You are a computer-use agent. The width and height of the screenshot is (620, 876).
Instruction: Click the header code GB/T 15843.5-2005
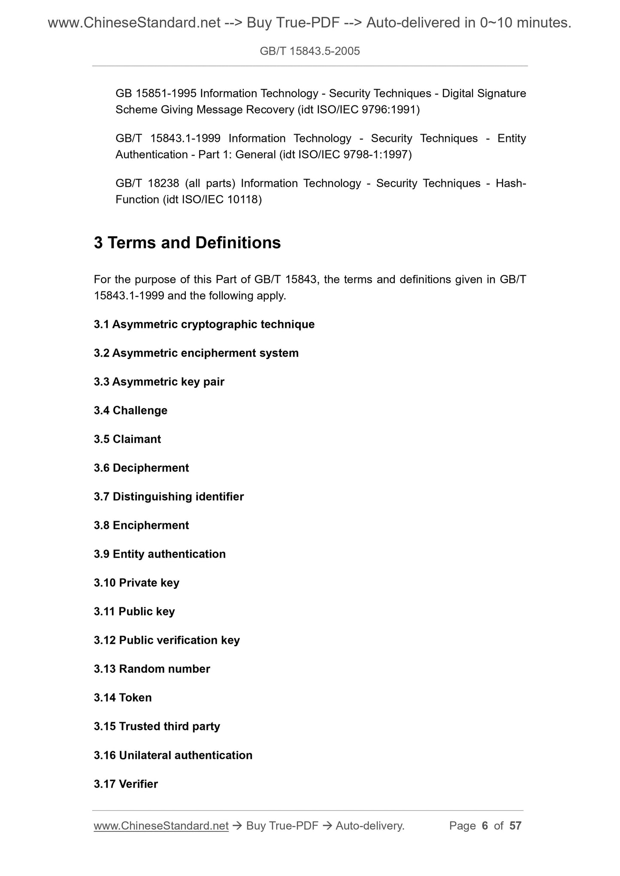coord(310,51)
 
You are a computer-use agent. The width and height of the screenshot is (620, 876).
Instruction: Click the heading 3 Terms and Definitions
coord(187,243)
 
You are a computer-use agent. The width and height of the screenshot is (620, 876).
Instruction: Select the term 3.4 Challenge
coord(130,411)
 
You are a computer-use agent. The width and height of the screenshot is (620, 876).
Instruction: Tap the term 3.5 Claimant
coord(127,439)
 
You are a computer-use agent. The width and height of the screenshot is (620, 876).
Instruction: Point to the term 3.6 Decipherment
coord(141,468)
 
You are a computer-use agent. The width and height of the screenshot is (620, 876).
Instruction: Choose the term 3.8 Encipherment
coord(141,525)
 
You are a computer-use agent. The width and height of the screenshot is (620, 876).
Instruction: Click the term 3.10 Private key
coord(136,583)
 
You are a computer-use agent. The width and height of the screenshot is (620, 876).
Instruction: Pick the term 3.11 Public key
coord(134,612)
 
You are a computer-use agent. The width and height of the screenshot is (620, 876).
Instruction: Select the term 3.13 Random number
coord(152,669)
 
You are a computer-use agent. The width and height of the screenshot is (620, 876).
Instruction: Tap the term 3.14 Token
coord(123,698)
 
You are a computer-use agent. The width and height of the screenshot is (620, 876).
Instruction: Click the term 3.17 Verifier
coord(126,784)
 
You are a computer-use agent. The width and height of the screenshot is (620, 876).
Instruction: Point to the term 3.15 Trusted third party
coord(157,726)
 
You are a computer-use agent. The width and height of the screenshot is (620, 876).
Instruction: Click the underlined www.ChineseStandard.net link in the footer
coord(161,826)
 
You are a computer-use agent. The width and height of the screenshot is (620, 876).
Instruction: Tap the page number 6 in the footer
coord(485,826)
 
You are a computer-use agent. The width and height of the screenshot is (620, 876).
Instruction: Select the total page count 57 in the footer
coord(515,826)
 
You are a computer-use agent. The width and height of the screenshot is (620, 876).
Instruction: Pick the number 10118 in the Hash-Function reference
coord(242,199)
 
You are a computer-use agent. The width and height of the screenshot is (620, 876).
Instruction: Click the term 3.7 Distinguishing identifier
coord(169,497)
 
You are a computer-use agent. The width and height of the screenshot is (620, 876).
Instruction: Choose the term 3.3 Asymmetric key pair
coord(159,382)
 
